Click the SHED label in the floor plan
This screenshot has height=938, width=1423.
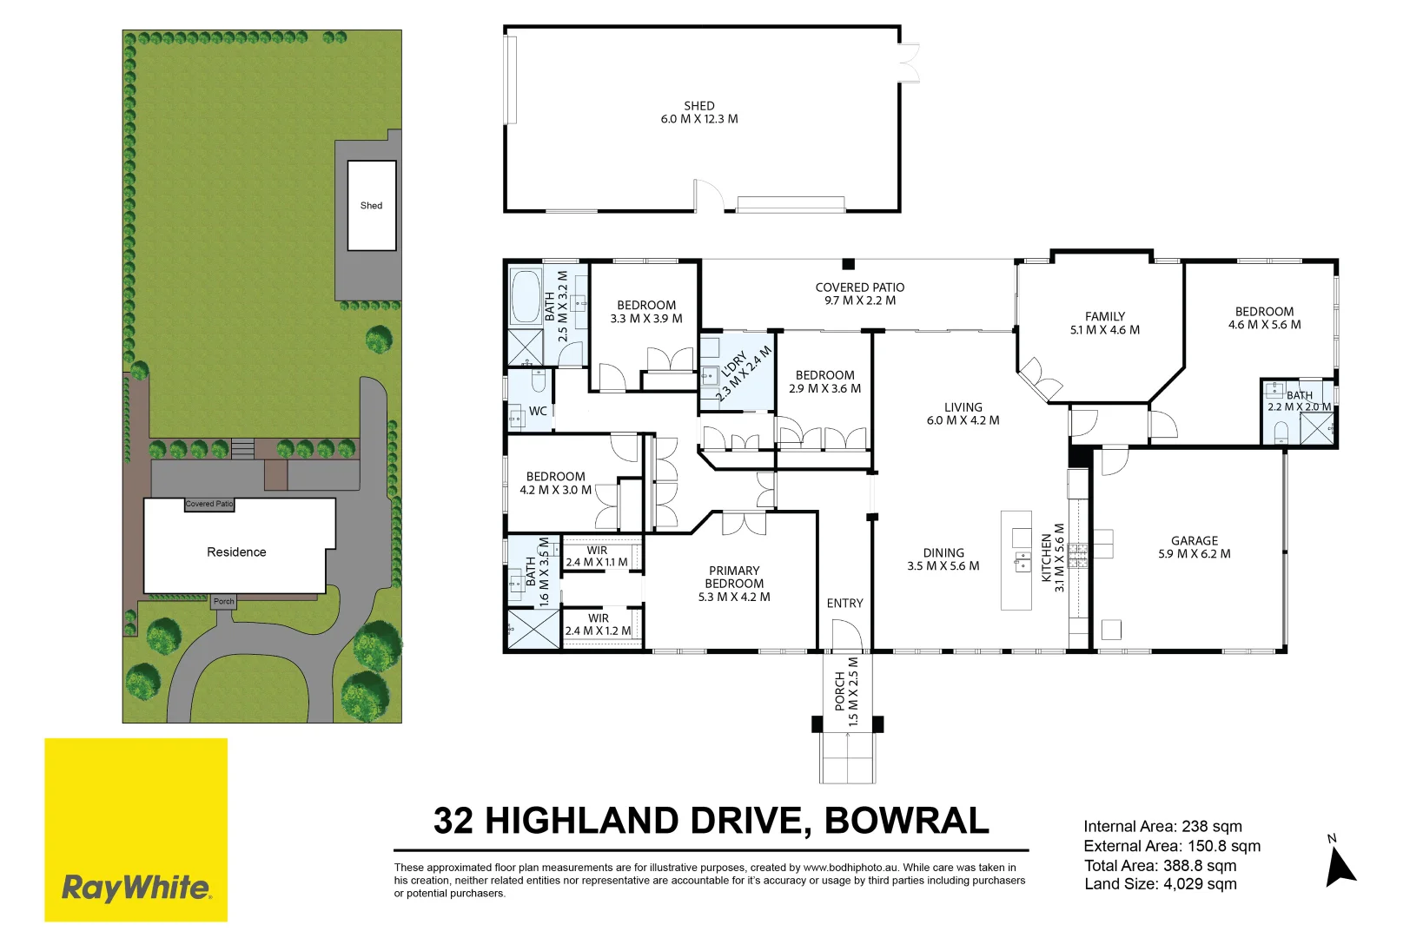(x=698, y=106)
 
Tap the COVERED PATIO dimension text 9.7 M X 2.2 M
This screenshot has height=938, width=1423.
(x=859, y=301)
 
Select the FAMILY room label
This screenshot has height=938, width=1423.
(x=1104, y=317)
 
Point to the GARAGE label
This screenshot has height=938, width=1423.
(x=1194, y=540)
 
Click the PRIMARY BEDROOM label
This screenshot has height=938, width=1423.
(x=734, y=578)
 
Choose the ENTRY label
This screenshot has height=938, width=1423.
(x=844, y=603)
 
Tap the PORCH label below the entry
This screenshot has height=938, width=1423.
(x=840, y=690)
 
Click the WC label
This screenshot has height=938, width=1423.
(x=538, y=411)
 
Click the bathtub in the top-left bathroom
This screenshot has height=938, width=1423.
(x=525, y=296)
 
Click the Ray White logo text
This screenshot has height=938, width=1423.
(x=136, y=888)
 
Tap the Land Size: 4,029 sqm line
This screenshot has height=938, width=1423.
(x=1160, y=884)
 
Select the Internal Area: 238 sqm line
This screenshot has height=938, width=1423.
(x=1162, y=826)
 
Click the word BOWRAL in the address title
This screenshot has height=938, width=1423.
(x=906, y=821)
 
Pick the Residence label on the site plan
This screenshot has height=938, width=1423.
(x=236, y=552)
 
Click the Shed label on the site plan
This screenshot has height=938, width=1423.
(x=371, y=206)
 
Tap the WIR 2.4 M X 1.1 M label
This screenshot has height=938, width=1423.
(x=597, y=557)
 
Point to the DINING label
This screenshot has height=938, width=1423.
(x=943, y=553)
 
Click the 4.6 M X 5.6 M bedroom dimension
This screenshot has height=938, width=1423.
(x=1264, y=325)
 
